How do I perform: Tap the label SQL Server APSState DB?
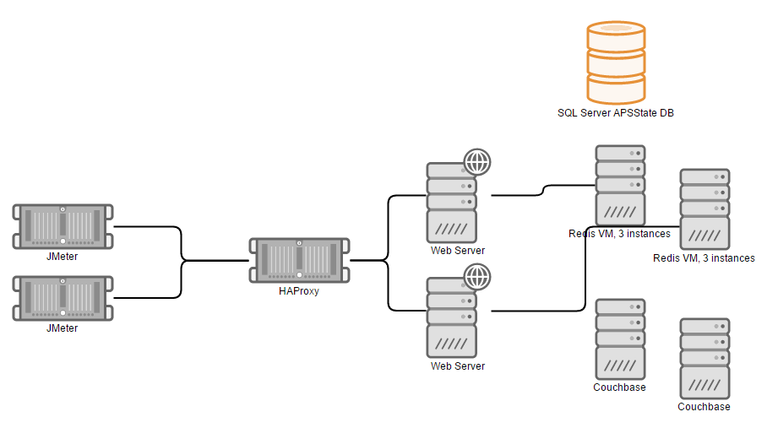615,113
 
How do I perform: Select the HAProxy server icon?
300,262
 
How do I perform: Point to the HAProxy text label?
300,291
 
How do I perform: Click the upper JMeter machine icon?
63,226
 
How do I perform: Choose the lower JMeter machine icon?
63,298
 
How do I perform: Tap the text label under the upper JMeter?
63,256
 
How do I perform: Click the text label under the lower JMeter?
63,328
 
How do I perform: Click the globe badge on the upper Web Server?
477,160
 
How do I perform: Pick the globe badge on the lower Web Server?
477,276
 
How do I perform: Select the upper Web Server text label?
458,250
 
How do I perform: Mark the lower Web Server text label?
458,366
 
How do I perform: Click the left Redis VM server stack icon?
620,185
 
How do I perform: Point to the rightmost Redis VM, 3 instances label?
704,257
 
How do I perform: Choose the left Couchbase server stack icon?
620,339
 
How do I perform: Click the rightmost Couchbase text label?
704,406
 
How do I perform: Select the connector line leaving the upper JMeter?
148,226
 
